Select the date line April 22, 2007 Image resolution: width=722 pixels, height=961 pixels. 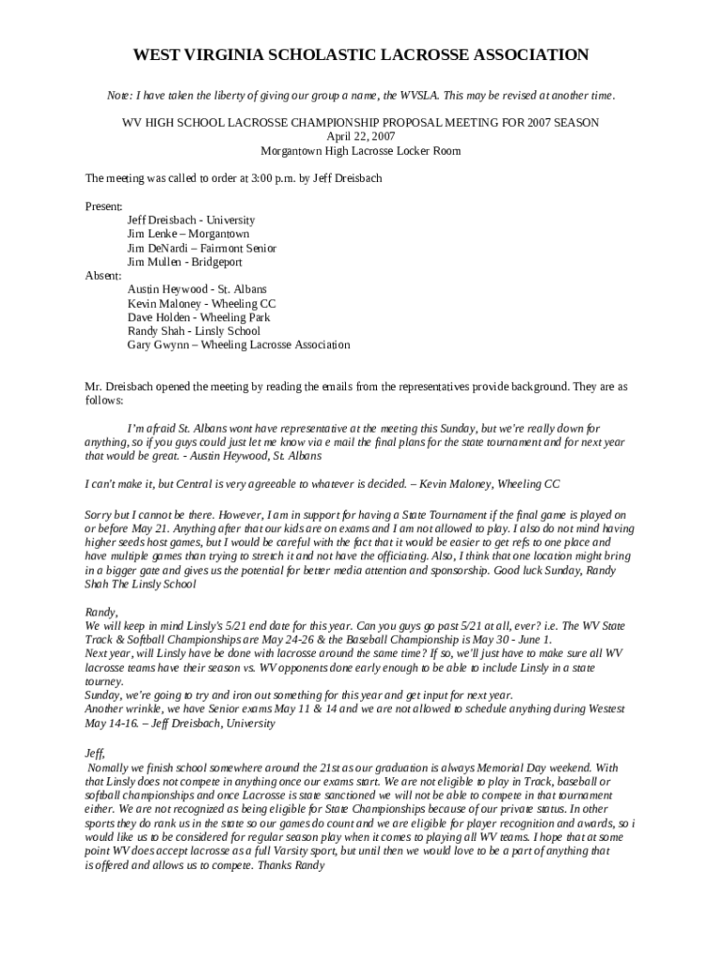pyautogui.click(x=361, y=136)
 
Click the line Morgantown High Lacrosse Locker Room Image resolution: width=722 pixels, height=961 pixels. pyautogui.click(x=361, y=150)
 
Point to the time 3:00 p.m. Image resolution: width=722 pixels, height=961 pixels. pyautogui.click(x=261, y=177)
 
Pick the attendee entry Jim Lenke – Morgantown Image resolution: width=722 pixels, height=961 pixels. pyautogui.click(x=188, y=234)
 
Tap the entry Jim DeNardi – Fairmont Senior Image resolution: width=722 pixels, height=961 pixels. pyautogui.click(x=202, y=248)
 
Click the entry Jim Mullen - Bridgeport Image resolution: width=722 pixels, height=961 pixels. pyautogui.click(x=185, y=262)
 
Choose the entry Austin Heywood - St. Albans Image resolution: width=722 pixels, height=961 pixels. pyautogui.click(x=197, y=290)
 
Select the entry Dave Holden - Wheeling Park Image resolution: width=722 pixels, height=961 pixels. pyautogui.click(x=199, y=317)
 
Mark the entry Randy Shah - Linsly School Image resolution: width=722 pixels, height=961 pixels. pyautogui.click(x=194, y=331)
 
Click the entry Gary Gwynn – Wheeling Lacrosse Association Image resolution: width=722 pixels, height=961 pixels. pyautogui.click(x=239, y=345)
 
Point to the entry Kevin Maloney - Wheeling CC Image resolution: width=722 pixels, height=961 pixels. pyautogui.click(x=202, y=303)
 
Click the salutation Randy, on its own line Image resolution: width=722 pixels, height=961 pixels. pyautogui.click(x=100, y=612)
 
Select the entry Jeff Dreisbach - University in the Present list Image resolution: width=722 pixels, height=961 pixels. pyautogui.click(x=191, y=220)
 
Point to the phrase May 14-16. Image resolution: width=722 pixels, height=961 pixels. pyautogui.click(x=112, y=724)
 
